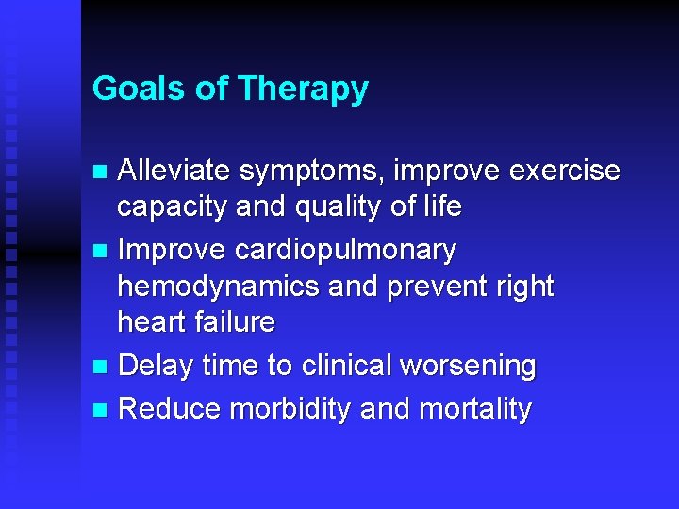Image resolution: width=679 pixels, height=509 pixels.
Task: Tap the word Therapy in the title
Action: pyautogui.click(x=303, y=89)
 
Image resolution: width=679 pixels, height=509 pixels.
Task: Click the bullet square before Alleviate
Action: pyautogui.click(x=102, y=172)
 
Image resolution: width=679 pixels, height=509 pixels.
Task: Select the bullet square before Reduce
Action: pyautogui.click(x=102, y=410)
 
